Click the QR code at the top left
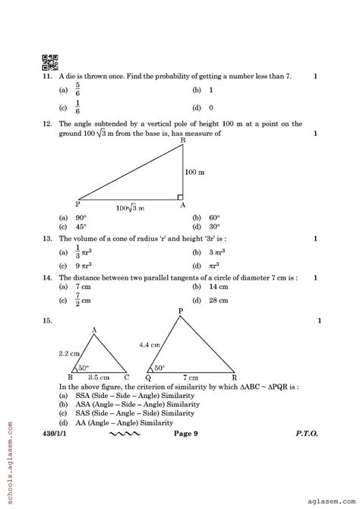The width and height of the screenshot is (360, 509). (49, 62)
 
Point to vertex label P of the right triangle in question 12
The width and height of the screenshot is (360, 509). (78, 204)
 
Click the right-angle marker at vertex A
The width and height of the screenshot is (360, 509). (180, 195)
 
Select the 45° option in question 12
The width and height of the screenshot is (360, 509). (78, 226)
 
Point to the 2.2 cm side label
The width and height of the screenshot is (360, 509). (68, 354)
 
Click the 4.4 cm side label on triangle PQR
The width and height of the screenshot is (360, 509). (149, 346)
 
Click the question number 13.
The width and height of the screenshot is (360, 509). (47, 238)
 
